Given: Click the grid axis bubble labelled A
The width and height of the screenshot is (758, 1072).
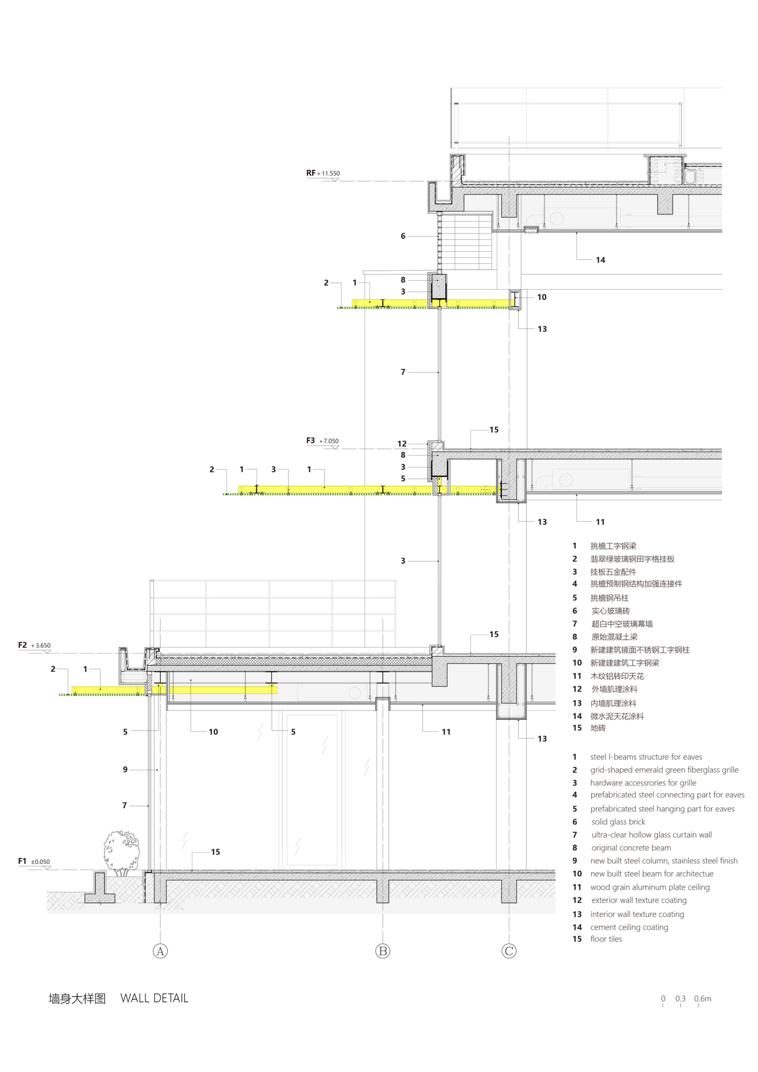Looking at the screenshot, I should pos(160,951).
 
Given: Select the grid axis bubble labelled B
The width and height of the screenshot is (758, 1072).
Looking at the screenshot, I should pos(382,951).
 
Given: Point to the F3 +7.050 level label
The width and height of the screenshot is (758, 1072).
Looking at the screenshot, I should pos(322,441).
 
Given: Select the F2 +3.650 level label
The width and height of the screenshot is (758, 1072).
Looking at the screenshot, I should pos(34,645).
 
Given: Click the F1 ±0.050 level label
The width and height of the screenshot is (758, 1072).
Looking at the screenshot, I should pos(34,861).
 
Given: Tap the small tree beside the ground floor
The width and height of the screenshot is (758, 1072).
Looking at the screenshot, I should pos(121,853).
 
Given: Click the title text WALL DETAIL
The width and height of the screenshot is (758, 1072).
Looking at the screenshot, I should pos(154,998).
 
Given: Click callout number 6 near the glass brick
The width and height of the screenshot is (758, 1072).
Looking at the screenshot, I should pos(403,236).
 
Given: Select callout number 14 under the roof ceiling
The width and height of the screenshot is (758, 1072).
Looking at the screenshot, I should pos(600,260).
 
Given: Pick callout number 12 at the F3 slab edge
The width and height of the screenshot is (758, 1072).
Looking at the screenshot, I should pos(402,443).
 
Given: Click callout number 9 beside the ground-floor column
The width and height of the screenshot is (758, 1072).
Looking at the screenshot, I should pos(125,769).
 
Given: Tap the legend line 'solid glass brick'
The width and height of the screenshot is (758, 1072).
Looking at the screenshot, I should pos(618,822).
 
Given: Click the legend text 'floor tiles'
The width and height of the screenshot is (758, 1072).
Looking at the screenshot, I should pos(606,939).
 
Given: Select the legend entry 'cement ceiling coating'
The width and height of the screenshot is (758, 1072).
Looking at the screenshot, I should pos(629,927).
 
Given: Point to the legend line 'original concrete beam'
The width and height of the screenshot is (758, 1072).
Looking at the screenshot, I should pos(631,848).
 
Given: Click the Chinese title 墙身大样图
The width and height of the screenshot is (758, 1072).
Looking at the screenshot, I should pos(77,999).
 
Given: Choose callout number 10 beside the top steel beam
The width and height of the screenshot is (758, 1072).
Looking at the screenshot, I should pos(541,297).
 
